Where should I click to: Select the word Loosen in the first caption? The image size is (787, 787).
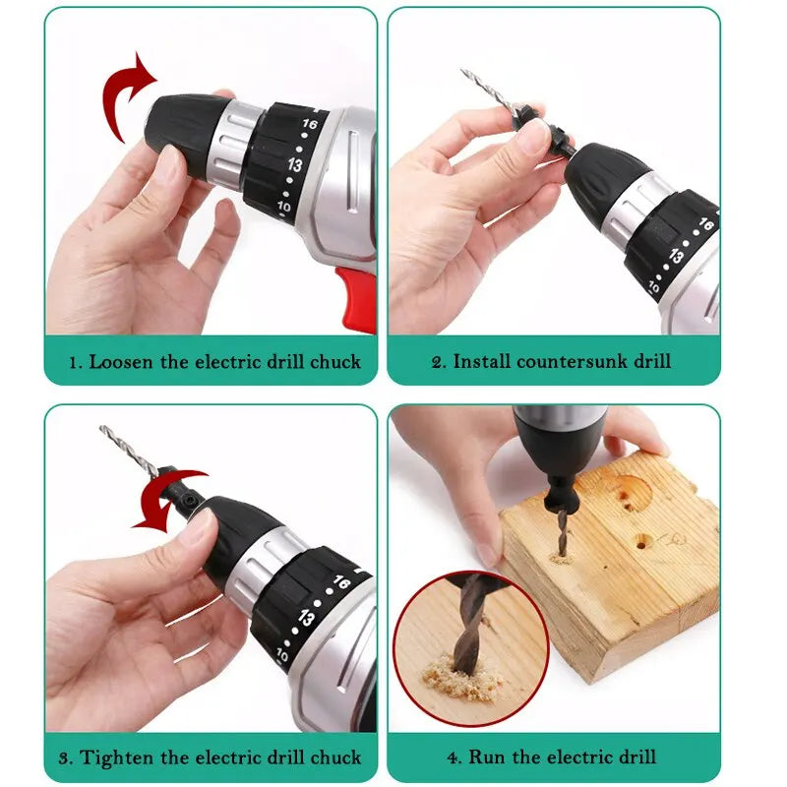pos(122,362)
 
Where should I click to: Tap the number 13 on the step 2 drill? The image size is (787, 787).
pos(677,255)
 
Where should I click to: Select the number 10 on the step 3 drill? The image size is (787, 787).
pos(283,654)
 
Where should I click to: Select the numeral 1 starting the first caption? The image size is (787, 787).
pos(72,362)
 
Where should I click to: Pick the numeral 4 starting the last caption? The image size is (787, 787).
pos(454,757)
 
